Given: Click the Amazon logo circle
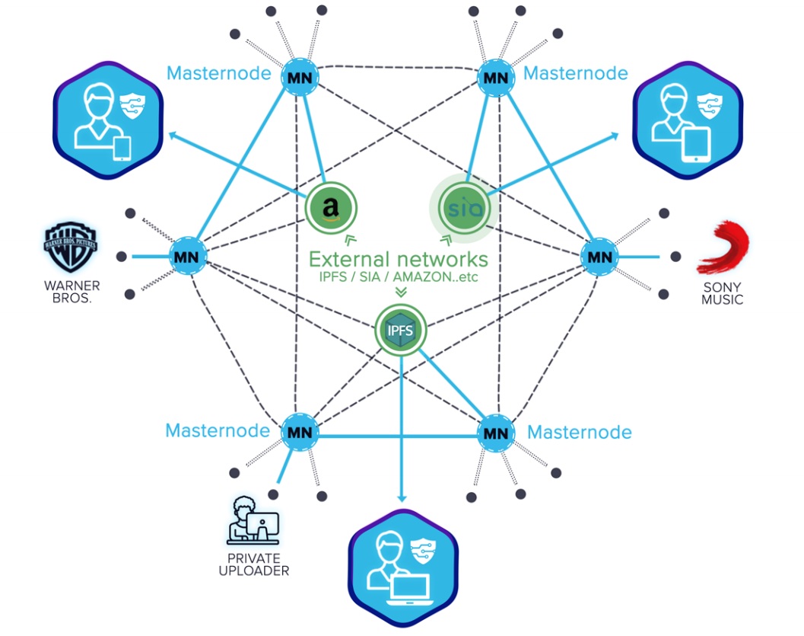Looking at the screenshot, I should tap(331, 206).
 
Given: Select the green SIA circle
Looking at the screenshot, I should tap(463, 206).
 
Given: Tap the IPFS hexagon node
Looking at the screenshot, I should tap(401, 331).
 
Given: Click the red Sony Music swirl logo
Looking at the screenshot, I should tap(723, 248).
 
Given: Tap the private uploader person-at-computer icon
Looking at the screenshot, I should tap(253, 522).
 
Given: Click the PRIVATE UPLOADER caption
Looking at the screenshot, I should tap(253, 564).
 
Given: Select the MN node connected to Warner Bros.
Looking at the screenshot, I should tap(186, 257).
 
